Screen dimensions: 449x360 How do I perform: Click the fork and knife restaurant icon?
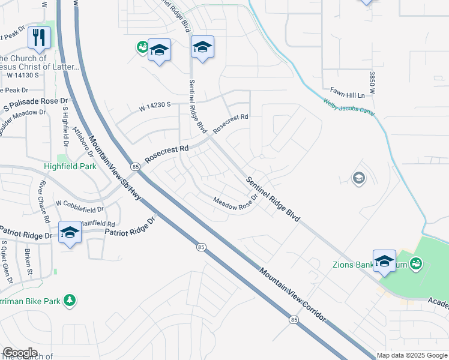(x=40, y=37)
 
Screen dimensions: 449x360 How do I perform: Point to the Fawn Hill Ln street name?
(x=343, y=95)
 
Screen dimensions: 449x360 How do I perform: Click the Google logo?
(x=20, y=353)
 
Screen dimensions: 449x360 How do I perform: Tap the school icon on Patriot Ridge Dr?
(x=70, y=232)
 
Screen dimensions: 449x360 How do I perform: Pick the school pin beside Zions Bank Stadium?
(x=384, y=261)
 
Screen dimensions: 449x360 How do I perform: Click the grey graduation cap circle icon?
(x=359, y=178)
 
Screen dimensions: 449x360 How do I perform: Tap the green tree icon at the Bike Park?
(x=70, y=299)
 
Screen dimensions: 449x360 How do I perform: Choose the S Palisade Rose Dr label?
(x=37, y=103)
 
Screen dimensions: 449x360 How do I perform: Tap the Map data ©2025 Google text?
(x=412, y=355)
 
